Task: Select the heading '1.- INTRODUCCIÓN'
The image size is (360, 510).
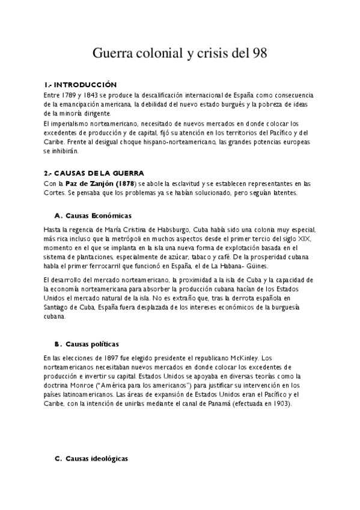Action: (x=81, y=85)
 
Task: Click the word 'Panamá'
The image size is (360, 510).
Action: (x=215, y=404)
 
